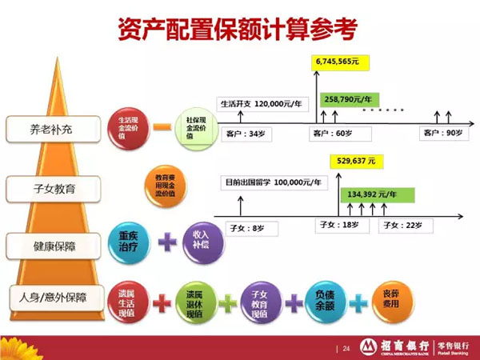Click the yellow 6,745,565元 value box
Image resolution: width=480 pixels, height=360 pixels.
340,62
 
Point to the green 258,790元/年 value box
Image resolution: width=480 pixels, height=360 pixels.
351,99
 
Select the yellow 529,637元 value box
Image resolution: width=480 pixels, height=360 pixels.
355,161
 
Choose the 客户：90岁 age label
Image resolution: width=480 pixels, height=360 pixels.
442,133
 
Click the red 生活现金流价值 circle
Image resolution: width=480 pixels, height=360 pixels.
126,128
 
